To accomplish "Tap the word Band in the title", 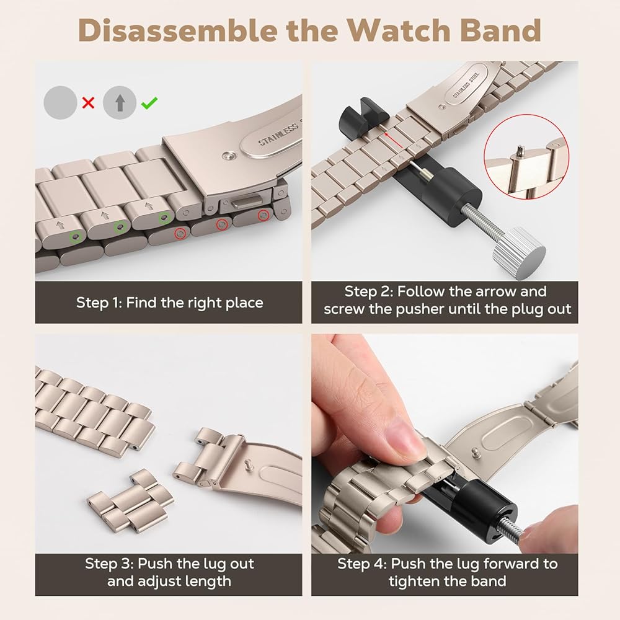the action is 500,30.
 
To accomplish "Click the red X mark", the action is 88,103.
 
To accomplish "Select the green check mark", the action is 150,103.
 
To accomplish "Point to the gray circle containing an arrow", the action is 120,103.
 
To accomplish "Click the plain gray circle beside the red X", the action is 60,103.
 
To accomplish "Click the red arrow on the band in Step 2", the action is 392,140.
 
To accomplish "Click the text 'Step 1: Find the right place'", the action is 170,303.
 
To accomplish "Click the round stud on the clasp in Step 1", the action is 228,157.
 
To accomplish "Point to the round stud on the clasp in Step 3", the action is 249,463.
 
